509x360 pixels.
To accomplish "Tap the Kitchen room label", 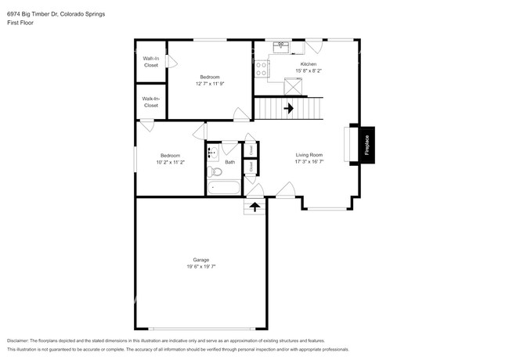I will point(309,63).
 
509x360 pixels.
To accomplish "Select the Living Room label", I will point(309,155).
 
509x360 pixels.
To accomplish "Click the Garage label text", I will point(201,260).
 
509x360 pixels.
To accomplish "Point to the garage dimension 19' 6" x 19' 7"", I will point(201,267).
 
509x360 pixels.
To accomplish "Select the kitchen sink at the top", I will point(282,47).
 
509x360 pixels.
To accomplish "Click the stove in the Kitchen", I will point(261,68).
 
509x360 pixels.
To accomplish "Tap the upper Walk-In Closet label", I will point(151,62).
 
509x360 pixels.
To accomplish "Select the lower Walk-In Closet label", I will point(151,102).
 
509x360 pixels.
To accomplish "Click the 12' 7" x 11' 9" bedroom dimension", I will point(209,84).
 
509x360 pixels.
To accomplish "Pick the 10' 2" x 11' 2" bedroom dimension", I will point(170,162).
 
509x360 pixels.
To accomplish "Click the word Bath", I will point(230,162).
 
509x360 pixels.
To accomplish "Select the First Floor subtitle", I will point(20,23).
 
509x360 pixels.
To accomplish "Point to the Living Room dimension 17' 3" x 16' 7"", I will point(309,162).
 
